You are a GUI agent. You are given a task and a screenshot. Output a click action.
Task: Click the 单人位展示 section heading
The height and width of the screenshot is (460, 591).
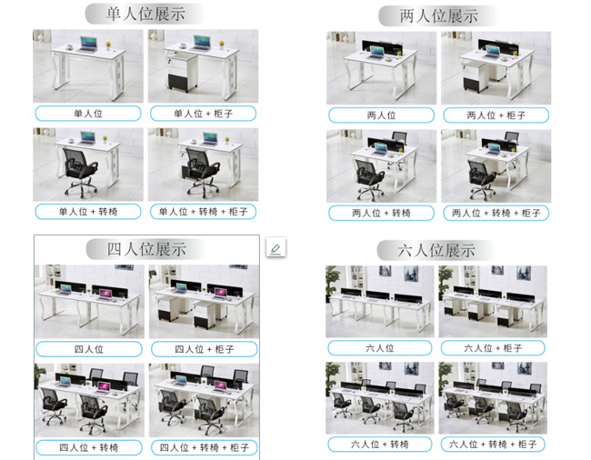click(145, 14)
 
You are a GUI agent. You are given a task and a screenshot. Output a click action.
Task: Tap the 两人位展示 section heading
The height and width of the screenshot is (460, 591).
click(439, 16)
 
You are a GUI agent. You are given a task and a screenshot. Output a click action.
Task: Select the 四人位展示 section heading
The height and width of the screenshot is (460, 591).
click(146, 249)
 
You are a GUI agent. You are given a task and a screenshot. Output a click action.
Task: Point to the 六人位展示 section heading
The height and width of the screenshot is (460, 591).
click(436, 251)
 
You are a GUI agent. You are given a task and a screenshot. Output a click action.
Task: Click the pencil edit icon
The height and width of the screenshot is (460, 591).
click(275, 247)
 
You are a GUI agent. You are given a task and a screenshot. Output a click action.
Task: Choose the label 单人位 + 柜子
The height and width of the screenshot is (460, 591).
click(203, 114)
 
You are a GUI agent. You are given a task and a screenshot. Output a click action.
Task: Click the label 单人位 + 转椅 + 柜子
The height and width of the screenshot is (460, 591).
click(203, 211)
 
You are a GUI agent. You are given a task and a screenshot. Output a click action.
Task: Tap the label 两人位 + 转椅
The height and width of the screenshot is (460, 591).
click(382, 214)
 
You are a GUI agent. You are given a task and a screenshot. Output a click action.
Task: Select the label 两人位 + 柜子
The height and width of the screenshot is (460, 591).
click(496, 115)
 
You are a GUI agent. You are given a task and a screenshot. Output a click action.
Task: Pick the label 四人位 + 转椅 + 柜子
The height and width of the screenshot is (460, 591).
click(205, 447)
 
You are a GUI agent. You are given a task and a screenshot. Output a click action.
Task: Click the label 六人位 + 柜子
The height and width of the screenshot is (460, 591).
click(493, 348)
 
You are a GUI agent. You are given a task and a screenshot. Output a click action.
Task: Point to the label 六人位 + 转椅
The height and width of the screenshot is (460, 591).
click(380, 445)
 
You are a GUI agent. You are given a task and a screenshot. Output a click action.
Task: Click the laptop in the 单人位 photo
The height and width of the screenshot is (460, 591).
click(88, 44)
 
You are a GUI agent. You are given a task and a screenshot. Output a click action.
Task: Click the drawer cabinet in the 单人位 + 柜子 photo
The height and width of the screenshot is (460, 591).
click(181, 72)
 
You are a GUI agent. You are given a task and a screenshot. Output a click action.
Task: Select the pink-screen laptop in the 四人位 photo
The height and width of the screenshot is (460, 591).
click(105, 295)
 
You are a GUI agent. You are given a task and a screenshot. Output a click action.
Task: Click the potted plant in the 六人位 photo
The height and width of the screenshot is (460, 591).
click(332, 282)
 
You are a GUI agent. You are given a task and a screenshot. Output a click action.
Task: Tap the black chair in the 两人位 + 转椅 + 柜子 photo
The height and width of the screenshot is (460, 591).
click(483, 179)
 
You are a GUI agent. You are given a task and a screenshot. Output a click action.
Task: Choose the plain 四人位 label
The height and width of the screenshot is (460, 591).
click(89, 349)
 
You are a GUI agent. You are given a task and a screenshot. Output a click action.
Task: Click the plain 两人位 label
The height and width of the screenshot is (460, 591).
click(382, 115)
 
